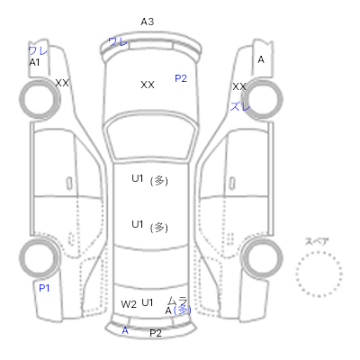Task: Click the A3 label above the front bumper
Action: pyautogui.click(x=148, y=22)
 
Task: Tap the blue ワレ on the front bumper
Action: pyautogui.click(x=118, y=41)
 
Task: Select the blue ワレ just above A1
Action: pyautogui.click(x=38, y=50)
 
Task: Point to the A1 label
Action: pyautogui.click(x=34, y=62)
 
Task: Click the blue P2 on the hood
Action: pyautogui.click(x=181, y=78)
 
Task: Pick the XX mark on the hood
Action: pyautogui.click(x=148, y=85)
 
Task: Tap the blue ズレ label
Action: pyautogui.click(x=239, y=106)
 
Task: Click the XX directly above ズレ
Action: pyautogui.click(x=239, y=86)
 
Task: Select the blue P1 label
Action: pyautogui.click(x=44, y=288)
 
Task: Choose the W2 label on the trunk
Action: pyautogui.click(x=129, y=304)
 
